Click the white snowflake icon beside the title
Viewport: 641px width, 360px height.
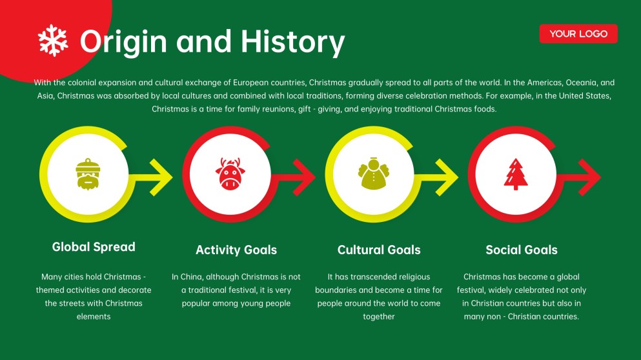coord(53,40)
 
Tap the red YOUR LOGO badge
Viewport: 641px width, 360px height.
coord(578,34)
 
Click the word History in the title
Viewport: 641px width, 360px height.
coord(292,42)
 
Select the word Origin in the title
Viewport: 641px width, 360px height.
coord(123,42)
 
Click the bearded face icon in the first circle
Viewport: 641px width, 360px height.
coord(88,174)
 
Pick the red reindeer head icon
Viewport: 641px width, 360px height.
coord(230,174)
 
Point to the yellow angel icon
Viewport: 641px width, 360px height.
coord(373,174)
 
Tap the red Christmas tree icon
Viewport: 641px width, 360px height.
coord(516,174)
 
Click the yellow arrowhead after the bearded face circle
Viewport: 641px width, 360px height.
coord(161,177)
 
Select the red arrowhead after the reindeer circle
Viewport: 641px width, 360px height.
coord(304,177)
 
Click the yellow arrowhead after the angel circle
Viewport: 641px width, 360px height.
coord(447,177)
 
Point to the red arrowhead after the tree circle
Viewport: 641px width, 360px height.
coord(589,177)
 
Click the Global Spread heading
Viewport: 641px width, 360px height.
coord(94,247)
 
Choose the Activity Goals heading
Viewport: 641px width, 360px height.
coord(236,250)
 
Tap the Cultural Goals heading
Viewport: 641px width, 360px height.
coord(379,250)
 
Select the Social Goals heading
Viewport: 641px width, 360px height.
coord(522,250)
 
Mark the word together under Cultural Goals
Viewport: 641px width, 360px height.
coord(379,317)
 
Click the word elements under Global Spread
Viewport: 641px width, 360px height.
coord(94,317)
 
